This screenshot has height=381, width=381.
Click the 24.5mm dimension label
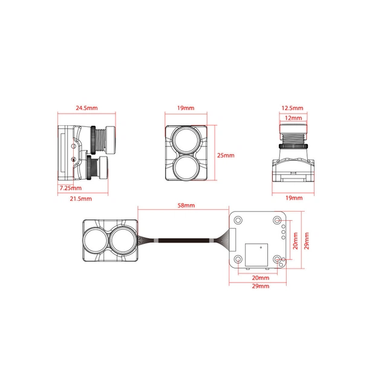pos(86,108)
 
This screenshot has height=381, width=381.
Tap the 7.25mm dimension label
pos(71,188)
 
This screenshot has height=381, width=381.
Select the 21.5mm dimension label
pos(80,199)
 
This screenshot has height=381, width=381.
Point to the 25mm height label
pos(226,155)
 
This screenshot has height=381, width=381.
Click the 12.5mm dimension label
pos(292,108)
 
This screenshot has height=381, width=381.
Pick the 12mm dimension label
pos(293,118)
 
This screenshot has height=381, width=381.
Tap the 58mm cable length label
pos(186,206)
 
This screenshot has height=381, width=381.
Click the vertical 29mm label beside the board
pos(307,241)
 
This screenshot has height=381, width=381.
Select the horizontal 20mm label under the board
pos(261,278)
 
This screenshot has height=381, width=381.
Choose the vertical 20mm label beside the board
pos(295,241)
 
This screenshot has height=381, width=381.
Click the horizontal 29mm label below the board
pos(261,286)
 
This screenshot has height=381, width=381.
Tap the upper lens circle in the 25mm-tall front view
pos(186,140)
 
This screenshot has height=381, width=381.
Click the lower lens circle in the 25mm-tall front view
pos(186,168)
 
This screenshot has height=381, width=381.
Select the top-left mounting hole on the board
pos(238,220)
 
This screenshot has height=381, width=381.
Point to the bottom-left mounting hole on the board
pos(238,259)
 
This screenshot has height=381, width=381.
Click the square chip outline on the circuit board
pos(256,255)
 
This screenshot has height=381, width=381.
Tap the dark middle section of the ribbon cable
pos(184,241)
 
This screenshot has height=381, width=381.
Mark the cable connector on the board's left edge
pos(233,240)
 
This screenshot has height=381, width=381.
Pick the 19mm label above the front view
pos(186,108)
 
